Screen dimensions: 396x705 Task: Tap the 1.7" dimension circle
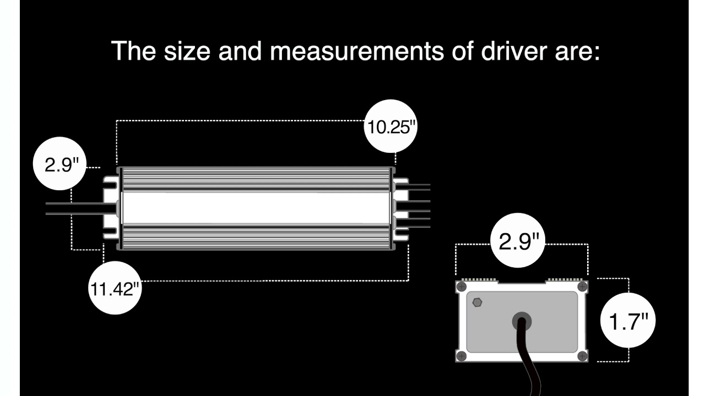(x=628, y=321)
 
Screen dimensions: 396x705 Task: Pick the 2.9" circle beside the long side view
(x=59, y=164)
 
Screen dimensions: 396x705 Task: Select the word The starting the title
(x=133, y=51)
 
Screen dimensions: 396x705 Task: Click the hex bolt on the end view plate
(x=477, y=302)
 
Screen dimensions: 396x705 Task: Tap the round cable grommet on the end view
(x=521, y=322)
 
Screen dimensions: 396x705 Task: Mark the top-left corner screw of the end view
(x=462, y=287)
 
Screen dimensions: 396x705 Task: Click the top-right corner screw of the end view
(x=582, y=287)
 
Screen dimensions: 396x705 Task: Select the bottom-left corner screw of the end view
(x=462, y=356)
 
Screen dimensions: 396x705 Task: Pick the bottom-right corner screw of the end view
(x=582, y=356)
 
